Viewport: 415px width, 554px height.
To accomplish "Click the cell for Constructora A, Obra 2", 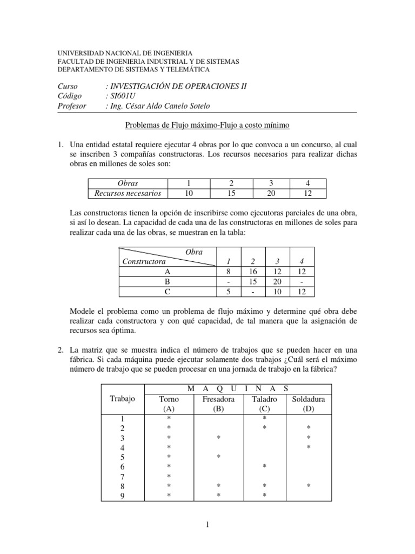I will [x=252, y=272].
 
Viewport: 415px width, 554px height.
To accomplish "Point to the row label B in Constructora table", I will [x=167, y=282].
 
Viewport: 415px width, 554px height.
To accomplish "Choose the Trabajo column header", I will [x=122, y=399].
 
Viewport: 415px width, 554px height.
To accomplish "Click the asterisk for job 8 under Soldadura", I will [x=309, y=486].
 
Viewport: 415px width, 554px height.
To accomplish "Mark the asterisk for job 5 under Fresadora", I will [x=218, y=457].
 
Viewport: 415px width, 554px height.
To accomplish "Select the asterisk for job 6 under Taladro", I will [x=265, y=466].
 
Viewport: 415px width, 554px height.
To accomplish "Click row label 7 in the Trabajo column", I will [x=122, y=476].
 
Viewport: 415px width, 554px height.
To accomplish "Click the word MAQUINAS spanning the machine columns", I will [x=238, y=388].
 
